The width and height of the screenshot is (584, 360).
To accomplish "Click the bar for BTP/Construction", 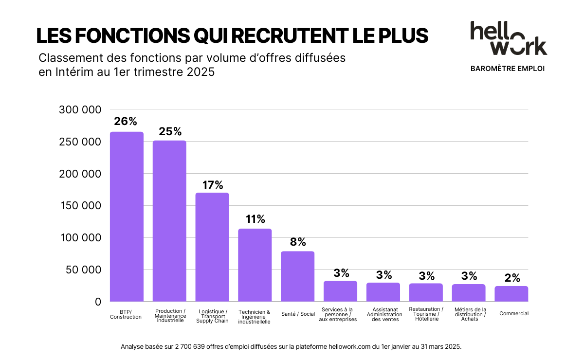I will pos(127,216).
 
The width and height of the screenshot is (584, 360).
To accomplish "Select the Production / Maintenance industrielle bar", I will pos(169,221).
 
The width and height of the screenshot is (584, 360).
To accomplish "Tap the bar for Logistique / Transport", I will pos(212,247).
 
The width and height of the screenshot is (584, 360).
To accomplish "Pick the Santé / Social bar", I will pos(297,276).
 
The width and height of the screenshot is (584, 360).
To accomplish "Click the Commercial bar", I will pos(511,293).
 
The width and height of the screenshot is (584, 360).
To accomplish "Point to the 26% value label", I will pos(126,122).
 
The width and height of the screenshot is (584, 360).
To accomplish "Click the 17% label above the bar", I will pos(212,185).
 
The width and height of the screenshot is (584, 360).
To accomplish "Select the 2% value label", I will pos(512,278).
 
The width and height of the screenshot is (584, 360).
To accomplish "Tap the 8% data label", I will pos(298,242).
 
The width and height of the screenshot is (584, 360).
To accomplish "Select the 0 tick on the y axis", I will pos(98,302).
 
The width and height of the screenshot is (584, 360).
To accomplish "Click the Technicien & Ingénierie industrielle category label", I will pos(255,316).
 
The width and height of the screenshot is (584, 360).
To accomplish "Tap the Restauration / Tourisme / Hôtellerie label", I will pos(426,314).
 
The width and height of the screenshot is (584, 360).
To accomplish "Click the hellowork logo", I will pos(508,38).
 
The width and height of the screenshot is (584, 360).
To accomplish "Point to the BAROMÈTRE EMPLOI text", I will pos(508,69).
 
